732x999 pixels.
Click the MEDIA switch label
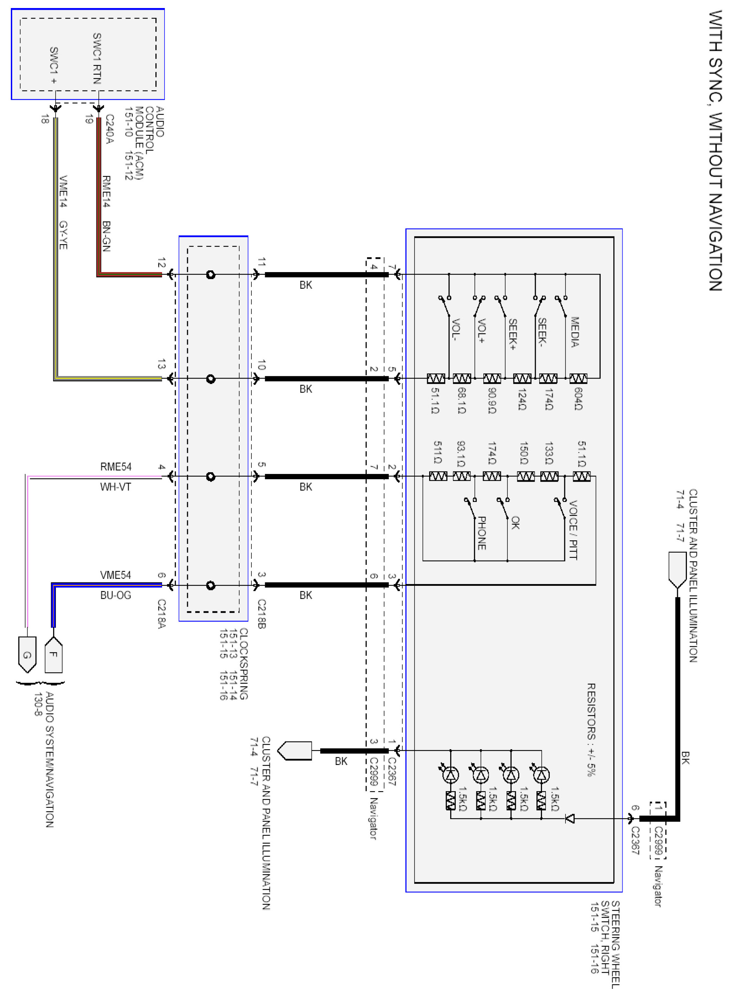[574, 332]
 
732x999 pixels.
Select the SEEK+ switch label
[513, 334]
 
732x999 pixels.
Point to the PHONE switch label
[482, 533]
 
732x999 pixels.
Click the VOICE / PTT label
[573, 530]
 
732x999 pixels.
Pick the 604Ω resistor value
[578, 399]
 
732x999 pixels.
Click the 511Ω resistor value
[437, 452]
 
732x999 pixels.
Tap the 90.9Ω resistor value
[492, 400]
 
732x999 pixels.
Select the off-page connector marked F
[54, 654]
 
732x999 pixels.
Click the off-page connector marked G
[27, 655]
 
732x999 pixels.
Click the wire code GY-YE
[63, 235]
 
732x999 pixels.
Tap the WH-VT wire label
[116, 487]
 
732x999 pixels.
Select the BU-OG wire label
[116, 595]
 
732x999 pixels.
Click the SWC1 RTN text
[97, 58]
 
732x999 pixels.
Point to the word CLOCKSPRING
[244, 663]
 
